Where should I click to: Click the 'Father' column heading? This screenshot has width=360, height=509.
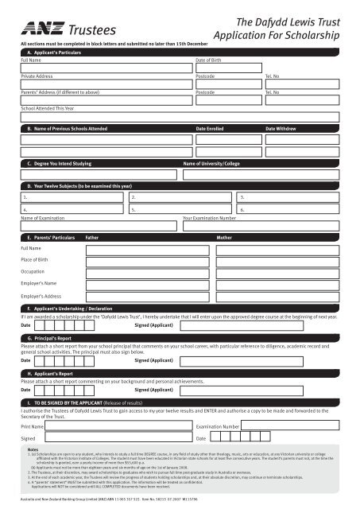point(92,237)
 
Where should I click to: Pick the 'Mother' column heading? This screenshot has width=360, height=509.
point(225,237)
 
